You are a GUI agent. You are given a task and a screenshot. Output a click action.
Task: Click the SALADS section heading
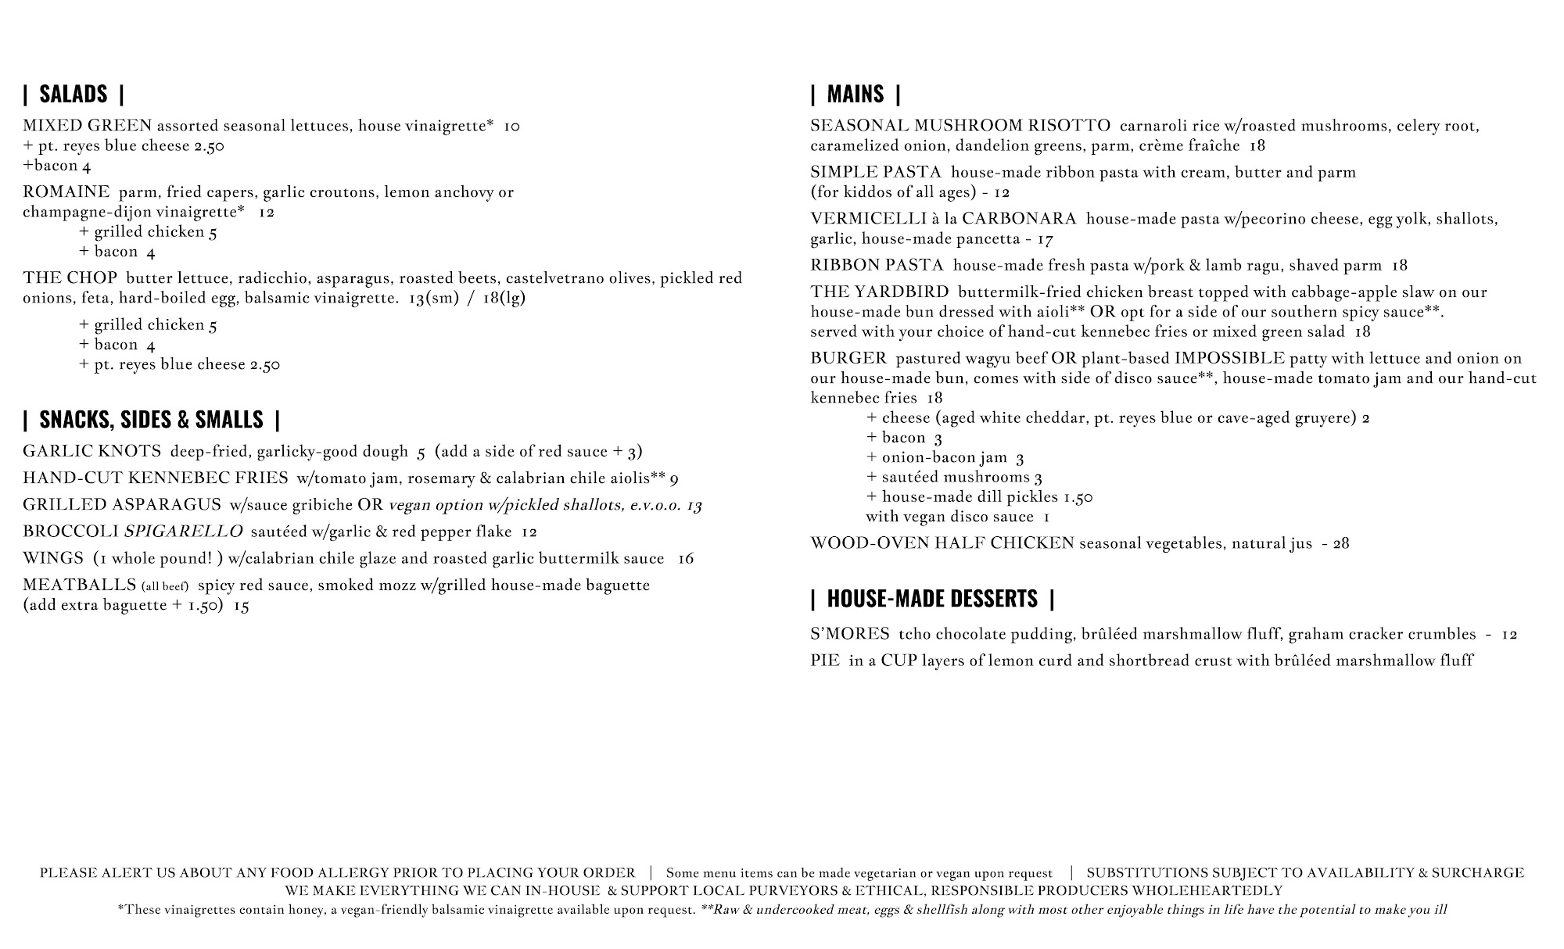[74, 95]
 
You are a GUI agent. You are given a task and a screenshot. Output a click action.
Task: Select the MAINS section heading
[855, 95]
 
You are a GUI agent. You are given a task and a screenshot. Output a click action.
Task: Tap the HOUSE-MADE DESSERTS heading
[932, 599]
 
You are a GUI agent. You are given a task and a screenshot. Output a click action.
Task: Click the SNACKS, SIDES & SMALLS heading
[151, 420]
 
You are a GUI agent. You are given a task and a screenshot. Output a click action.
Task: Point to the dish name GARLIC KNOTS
[91, 451]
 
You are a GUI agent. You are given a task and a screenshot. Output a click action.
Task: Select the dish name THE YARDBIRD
[879, 292]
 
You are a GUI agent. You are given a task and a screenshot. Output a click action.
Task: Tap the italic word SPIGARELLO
[184, 532]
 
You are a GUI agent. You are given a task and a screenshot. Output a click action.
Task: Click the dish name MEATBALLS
[79, 586]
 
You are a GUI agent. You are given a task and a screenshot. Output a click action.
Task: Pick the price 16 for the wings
[685, 558]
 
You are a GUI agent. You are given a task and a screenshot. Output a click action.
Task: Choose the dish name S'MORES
[849, 634]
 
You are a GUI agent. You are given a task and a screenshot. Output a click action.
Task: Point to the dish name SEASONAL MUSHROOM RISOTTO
[960, 126]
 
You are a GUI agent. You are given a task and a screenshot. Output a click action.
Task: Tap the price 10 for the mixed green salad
[511, 126]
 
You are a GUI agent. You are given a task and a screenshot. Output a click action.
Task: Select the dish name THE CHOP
[70, 278]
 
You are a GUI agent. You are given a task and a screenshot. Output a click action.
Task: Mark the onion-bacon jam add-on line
[945, 458]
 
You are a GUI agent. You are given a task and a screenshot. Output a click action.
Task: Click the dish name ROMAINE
[66, 192]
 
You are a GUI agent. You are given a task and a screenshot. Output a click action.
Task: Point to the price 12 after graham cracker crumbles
[1508, 634]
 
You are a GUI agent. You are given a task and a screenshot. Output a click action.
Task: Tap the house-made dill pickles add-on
[979, 497]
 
